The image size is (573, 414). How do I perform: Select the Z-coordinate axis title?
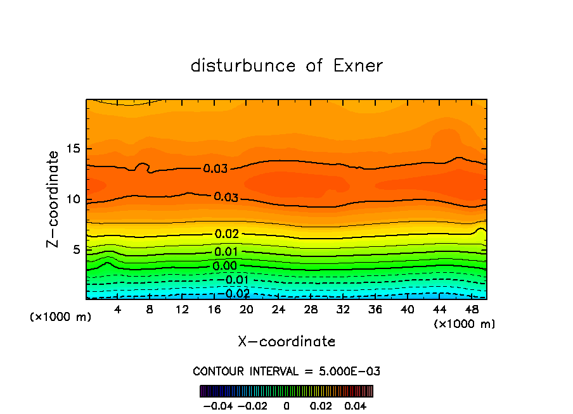54,198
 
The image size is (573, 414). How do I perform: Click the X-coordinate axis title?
286,342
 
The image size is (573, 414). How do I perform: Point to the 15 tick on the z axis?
74,149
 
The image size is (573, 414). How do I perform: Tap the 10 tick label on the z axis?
74,199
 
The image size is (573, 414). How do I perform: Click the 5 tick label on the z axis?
77,249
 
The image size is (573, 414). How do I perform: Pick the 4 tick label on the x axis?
117,310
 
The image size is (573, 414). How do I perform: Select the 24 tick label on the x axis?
278,310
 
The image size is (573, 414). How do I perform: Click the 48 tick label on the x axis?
471,310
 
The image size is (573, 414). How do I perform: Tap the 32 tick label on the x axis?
343,310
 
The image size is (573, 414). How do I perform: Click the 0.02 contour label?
226,234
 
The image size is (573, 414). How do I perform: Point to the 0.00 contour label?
225,266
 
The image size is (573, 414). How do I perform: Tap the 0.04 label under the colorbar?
356,405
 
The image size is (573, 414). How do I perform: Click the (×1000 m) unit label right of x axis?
464,324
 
